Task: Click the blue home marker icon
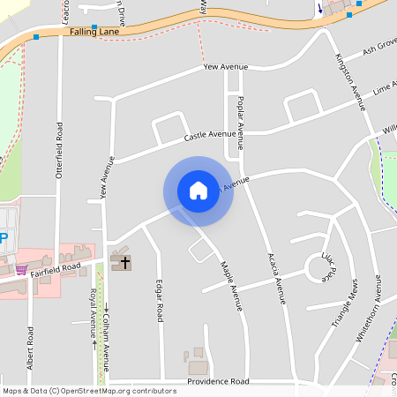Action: [198, 191]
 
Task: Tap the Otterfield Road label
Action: [60, 150]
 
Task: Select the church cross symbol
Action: [124, 262]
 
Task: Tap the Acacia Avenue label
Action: [277, 279]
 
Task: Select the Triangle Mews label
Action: [344, 304]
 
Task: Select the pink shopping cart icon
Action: [21, 269]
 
